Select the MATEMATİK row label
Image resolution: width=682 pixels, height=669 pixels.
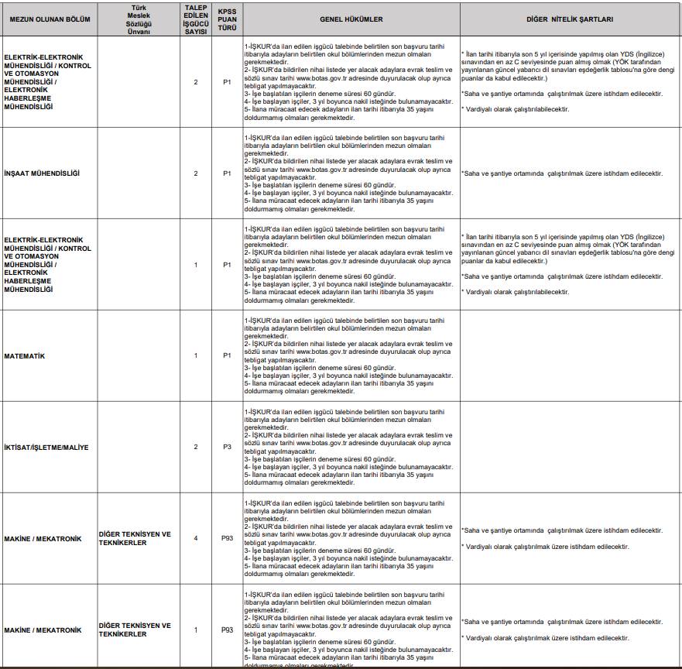point(25,355)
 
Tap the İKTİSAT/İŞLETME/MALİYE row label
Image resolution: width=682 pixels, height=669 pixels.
point(46,447)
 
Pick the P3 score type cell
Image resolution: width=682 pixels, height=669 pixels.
point(227,447)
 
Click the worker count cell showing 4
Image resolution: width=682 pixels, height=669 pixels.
point(196,538)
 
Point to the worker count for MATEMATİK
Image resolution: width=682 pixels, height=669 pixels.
point(196,355)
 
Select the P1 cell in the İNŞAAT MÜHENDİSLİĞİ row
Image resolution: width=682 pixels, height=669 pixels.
point(227,173)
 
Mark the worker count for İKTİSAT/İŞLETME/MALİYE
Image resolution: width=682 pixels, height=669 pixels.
point(196,447)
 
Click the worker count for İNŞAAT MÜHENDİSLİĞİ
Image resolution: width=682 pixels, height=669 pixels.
point(196,173)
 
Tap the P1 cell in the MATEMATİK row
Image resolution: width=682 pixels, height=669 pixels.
point(227,355)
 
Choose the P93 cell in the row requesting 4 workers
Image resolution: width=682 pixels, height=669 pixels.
point(227,538)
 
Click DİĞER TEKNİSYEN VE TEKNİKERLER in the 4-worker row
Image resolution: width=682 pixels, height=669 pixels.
point(135,538)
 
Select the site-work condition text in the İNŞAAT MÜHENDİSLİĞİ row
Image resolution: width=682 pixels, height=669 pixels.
point(561,173)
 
